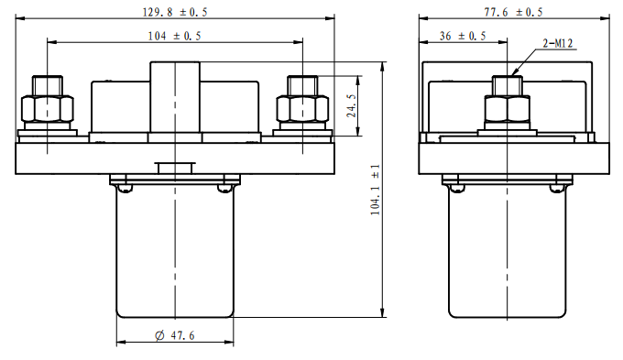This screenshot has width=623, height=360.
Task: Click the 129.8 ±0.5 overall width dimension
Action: (175, 12)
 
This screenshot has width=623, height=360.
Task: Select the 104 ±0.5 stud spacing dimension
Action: (174, 36)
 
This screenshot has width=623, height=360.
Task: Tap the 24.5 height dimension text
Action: (352, 105)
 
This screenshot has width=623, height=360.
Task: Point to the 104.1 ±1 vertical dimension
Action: (375, 190)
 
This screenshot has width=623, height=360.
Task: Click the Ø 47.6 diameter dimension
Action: (175, 336)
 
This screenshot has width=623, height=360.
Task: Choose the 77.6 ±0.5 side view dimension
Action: (513, 12)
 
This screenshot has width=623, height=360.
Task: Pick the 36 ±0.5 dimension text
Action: (463, 36)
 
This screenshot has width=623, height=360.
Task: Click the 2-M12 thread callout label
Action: (558, 43)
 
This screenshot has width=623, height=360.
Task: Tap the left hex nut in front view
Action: (48, 108)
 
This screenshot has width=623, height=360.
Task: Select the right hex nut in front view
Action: (302, 108)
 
